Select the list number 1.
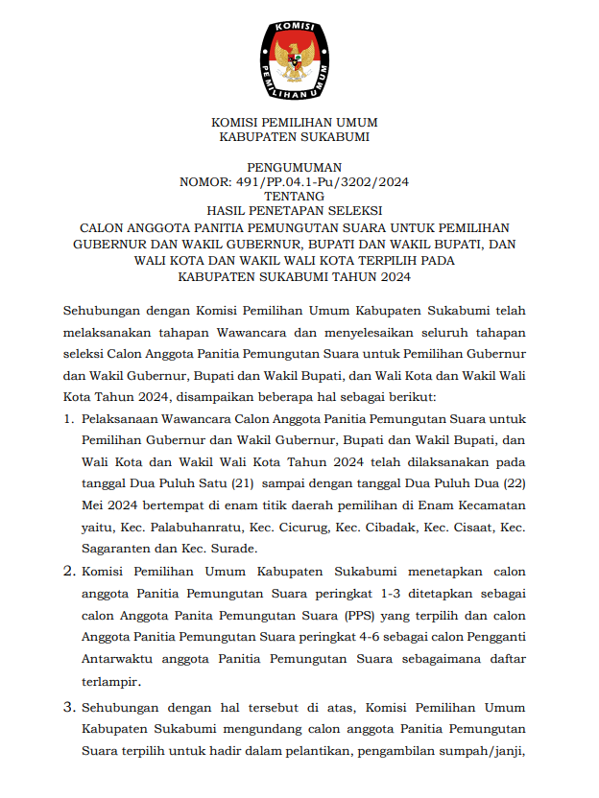[68, 420]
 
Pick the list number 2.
[68, 572]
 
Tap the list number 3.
[68, 708]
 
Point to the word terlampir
[111, 681]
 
